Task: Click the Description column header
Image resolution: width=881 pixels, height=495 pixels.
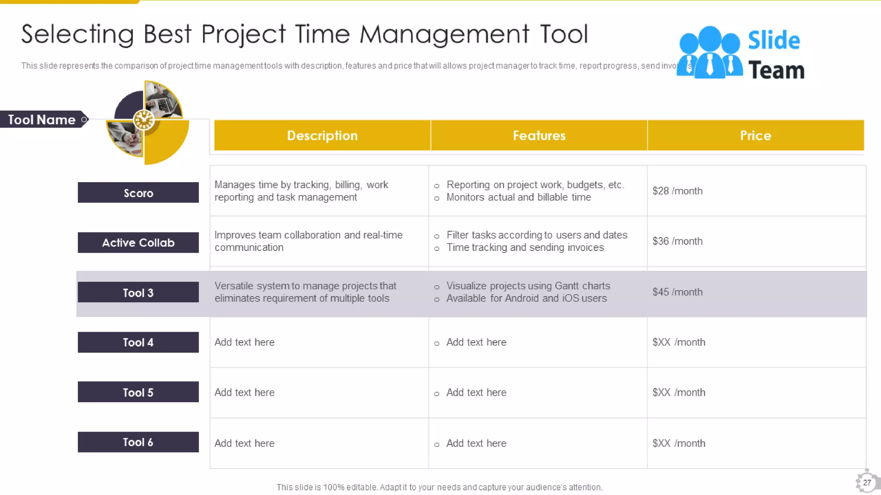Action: coord(322,135)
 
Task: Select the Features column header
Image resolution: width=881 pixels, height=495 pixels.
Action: coord(539,135)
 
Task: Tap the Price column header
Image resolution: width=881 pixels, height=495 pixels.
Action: coord(755,135)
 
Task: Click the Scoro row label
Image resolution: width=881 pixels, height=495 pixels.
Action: coord(138,193)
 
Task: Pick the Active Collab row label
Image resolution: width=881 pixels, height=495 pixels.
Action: coord(138,243)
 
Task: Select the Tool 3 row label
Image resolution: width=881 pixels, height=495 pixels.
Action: coord(138,293)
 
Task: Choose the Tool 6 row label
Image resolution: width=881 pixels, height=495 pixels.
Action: coord(138,442)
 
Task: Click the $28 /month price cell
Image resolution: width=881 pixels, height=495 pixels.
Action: coord(677,191)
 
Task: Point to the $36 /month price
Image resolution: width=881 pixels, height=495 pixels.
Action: coord(677,241)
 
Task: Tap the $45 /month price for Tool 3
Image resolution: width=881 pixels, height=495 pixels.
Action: coord(677,292)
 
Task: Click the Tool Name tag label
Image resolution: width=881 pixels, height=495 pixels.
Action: coord(42,119)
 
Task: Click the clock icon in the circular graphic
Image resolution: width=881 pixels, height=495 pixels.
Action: coord(144,120)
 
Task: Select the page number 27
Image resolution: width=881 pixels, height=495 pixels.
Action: coord(867,483)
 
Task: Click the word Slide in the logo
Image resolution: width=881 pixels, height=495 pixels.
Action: coord(773,40)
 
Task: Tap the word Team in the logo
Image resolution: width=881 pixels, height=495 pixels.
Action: coord(776,70)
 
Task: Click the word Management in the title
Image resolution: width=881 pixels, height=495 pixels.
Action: coord(444,34)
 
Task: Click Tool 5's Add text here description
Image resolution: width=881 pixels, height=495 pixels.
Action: coord(244,392)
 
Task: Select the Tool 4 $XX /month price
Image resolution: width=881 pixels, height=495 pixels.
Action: coord(678,342)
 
